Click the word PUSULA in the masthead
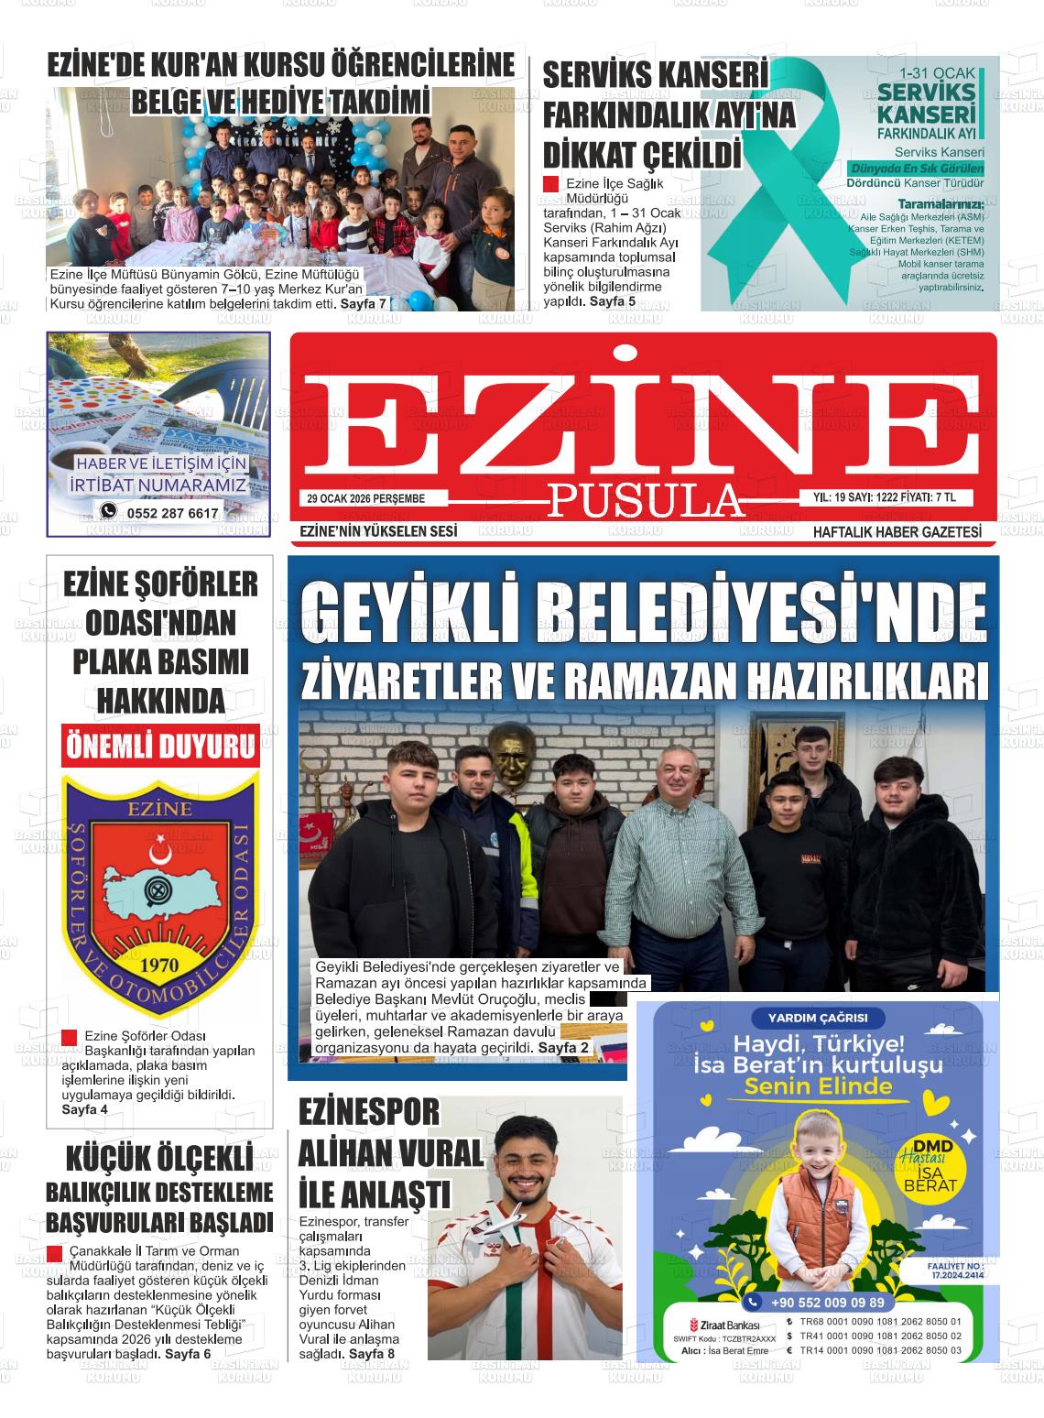645,500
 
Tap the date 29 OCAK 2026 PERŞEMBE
365,498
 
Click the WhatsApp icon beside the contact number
109,512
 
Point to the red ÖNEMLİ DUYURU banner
160,746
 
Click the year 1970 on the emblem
159,966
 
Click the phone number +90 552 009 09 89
827,1303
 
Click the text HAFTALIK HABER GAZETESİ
897,532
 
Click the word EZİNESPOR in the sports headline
369,1112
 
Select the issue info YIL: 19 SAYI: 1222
857,497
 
